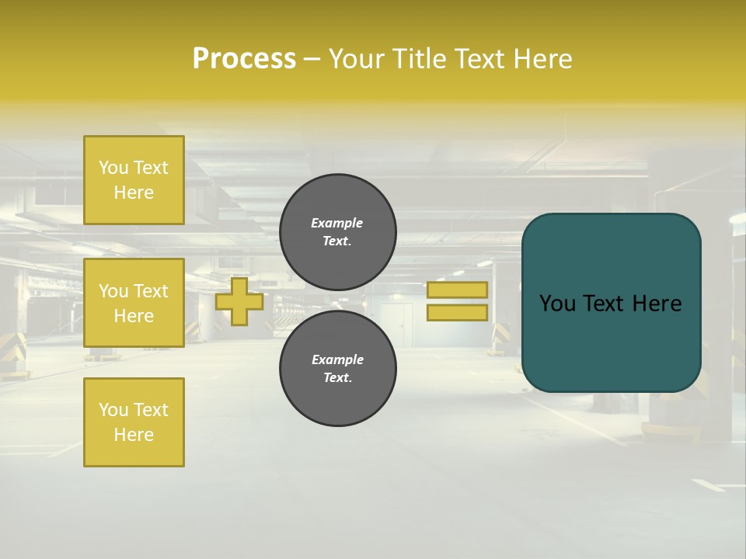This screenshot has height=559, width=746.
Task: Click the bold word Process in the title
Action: point(244,59)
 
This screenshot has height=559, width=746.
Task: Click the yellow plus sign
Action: point(239,301)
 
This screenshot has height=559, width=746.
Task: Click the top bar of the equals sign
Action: point(457,290)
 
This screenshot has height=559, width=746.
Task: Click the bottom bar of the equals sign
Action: point(457,313)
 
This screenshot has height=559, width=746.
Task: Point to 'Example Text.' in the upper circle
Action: point(337,232)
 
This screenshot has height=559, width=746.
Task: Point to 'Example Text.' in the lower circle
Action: point(337,369)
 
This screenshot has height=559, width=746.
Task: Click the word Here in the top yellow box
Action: point(134,193)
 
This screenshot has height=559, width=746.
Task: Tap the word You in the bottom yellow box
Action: point(113,410)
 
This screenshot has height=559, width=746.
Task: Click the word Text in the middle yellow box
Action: point(151,291)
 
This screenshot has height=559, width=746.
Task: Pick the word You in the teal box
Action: point(557,304)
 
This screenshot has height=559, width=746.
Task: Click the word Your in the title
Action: point(357,59)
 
